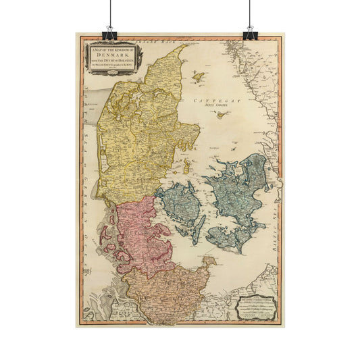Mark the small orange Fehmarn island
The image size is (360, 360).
coord(209,260)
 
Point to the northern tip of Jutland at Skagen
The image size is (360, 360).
coord(186,46)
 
